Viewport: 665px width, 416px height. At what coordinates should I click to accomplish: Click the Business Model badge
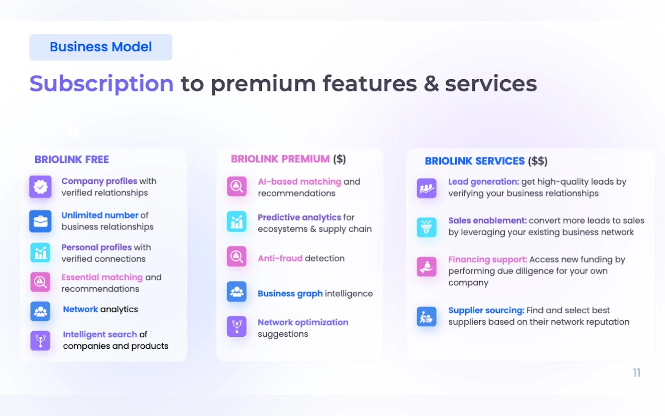click(101, 47)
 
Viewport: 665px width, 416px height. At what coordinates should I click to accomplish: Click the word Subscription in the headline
click(101, 84)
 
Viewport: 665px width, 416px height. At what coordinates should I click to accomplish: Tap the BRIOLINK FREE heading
click(72, 159)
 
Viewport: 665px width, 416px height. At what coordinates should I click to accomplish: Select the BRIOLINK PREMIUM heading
click(280, 159)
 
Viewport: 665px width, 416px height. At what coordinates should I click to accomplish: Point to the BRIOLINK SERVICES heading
click(474, 161)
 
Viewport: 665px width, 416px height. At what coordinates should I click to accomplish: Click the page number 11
click(637, 373)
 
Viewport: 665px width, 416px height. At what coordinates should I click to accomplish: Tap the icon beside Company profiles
click(40, 187)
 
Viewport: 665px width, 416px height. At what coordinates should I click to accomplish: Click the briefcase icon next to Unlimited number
click(40, 221)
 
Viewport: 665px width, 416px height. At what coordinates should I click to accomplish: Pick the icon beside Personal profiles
click(40, 253)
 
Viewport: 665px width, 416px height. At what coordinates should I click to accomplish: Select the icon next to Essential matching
click(40, 282)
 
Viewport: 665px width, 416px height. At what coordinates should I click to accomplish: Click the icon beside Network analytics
click(40, 311)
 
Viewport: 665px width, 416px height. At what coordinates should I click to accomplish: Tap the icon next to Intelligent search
click(40, 341)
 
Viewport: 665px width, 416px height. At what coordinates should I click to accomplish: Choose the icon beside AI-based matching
click(237, 186)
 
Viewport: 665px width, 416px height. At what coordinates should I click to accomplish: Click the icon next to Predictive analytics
click(237, 221)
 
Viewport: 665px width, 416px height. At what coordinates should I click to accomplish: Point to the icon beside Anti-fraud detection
click(237, 256)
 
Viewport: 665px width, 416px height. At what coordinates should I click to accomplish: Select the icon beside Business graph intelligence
click(237, 292)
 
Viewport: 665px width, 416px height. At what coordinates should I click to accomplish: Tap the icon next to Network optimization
click(237, 327)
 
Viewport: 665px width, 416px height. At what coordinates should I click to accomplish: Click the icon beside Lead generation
click(427, 188)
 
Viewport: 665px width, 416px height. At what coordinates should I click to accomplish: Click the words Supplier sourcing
click(486, 310)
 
